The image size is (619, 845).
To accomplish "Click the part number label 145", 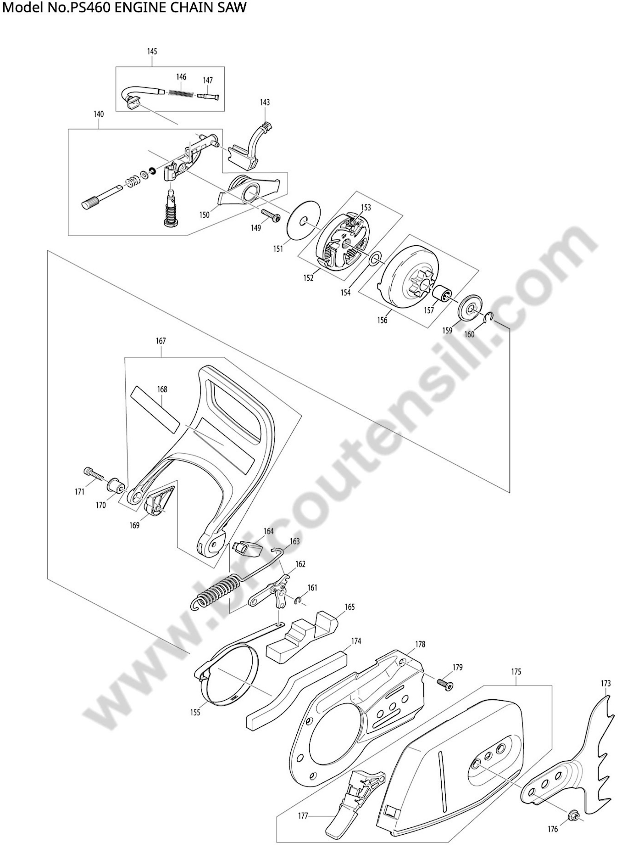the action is pos(152,51).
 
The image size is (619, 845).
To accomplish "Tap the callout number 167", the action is pos(161,341).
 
